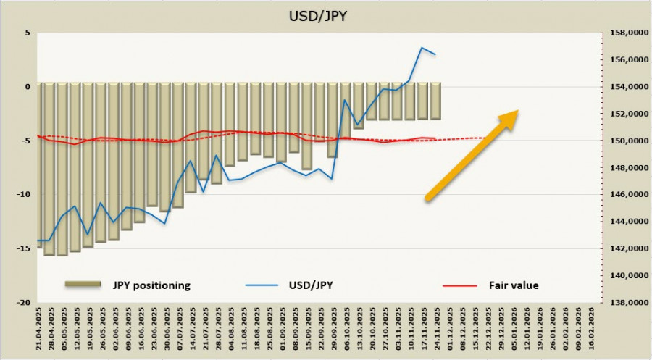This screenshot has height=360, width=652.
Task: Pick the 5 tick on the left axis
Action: point(27,33)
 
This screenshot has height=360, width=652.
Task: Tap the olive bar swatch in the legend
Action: point(85,285)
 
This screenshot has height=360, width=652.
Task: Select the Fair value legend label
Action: point(514,285)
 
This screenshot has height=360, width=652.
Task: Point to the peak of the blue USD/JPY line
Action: point(422,48)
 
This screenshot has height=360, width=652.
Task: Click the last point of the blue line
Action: point(435,54)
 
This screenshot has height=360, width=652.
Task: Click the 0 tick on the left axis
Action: point(27,86)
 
